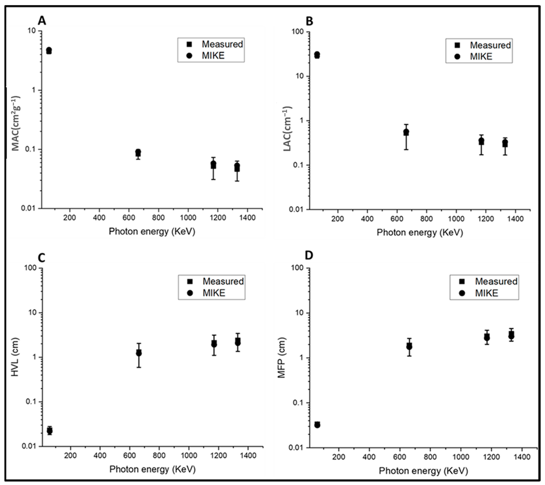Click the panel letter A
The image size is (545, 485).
pyautogui.click(x=42, y=21)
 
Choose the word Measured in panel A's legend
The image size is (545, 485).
pyautogui.click(x=222, y=44)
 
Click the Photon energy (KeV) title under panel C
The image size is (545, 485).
pyautogui.click(x=152, y=469)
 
